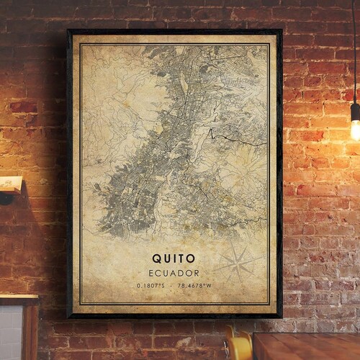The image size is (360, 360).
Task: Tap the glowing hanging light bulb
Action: [x=355, y=130]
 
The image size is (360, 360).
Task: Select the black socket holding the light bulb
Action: [x=355, y=111]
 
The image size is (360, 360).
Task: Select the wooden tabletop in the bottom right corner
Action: [x=310, y=346]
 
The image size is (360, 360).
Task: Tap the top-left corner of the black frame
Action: [x=68, y=30]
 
